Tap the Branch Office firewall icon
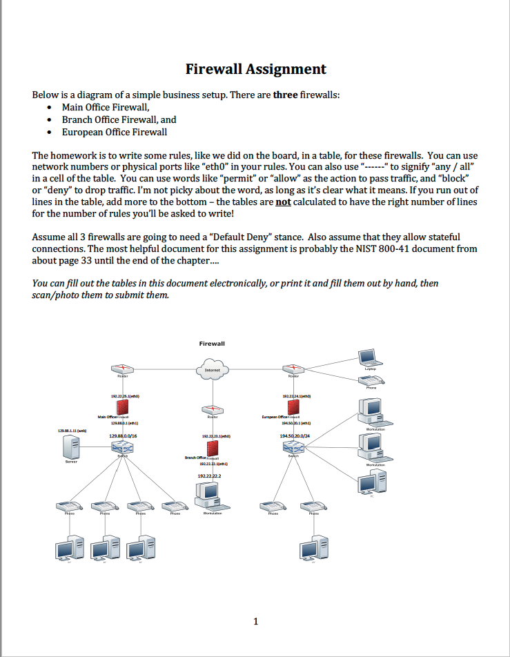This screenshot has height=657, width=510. [213, 458]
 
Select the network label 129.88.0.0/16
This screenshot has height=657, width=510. [123, 436]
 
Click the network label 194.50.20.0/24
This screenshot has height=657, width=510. [295, 436]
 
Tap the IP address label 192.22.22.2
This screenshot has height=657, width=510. [210, 476]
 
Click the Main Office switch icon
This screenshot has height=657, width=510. [123, 448]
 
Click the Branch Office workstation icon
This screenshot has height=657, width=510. [209, 494]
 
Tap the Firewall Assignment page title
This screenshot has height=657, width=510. [255, 69]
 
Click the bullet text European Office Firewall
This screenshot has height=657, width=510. [114, 132]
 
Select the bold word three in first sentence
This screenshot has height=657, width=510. [284, 95]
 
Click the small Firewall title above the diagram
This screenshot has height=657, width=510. [212, 343]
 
